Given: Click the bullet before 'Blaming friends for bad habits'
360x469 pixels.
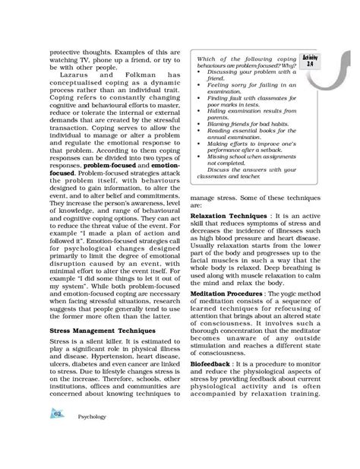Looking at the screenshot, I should click(x=198, y=143).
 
